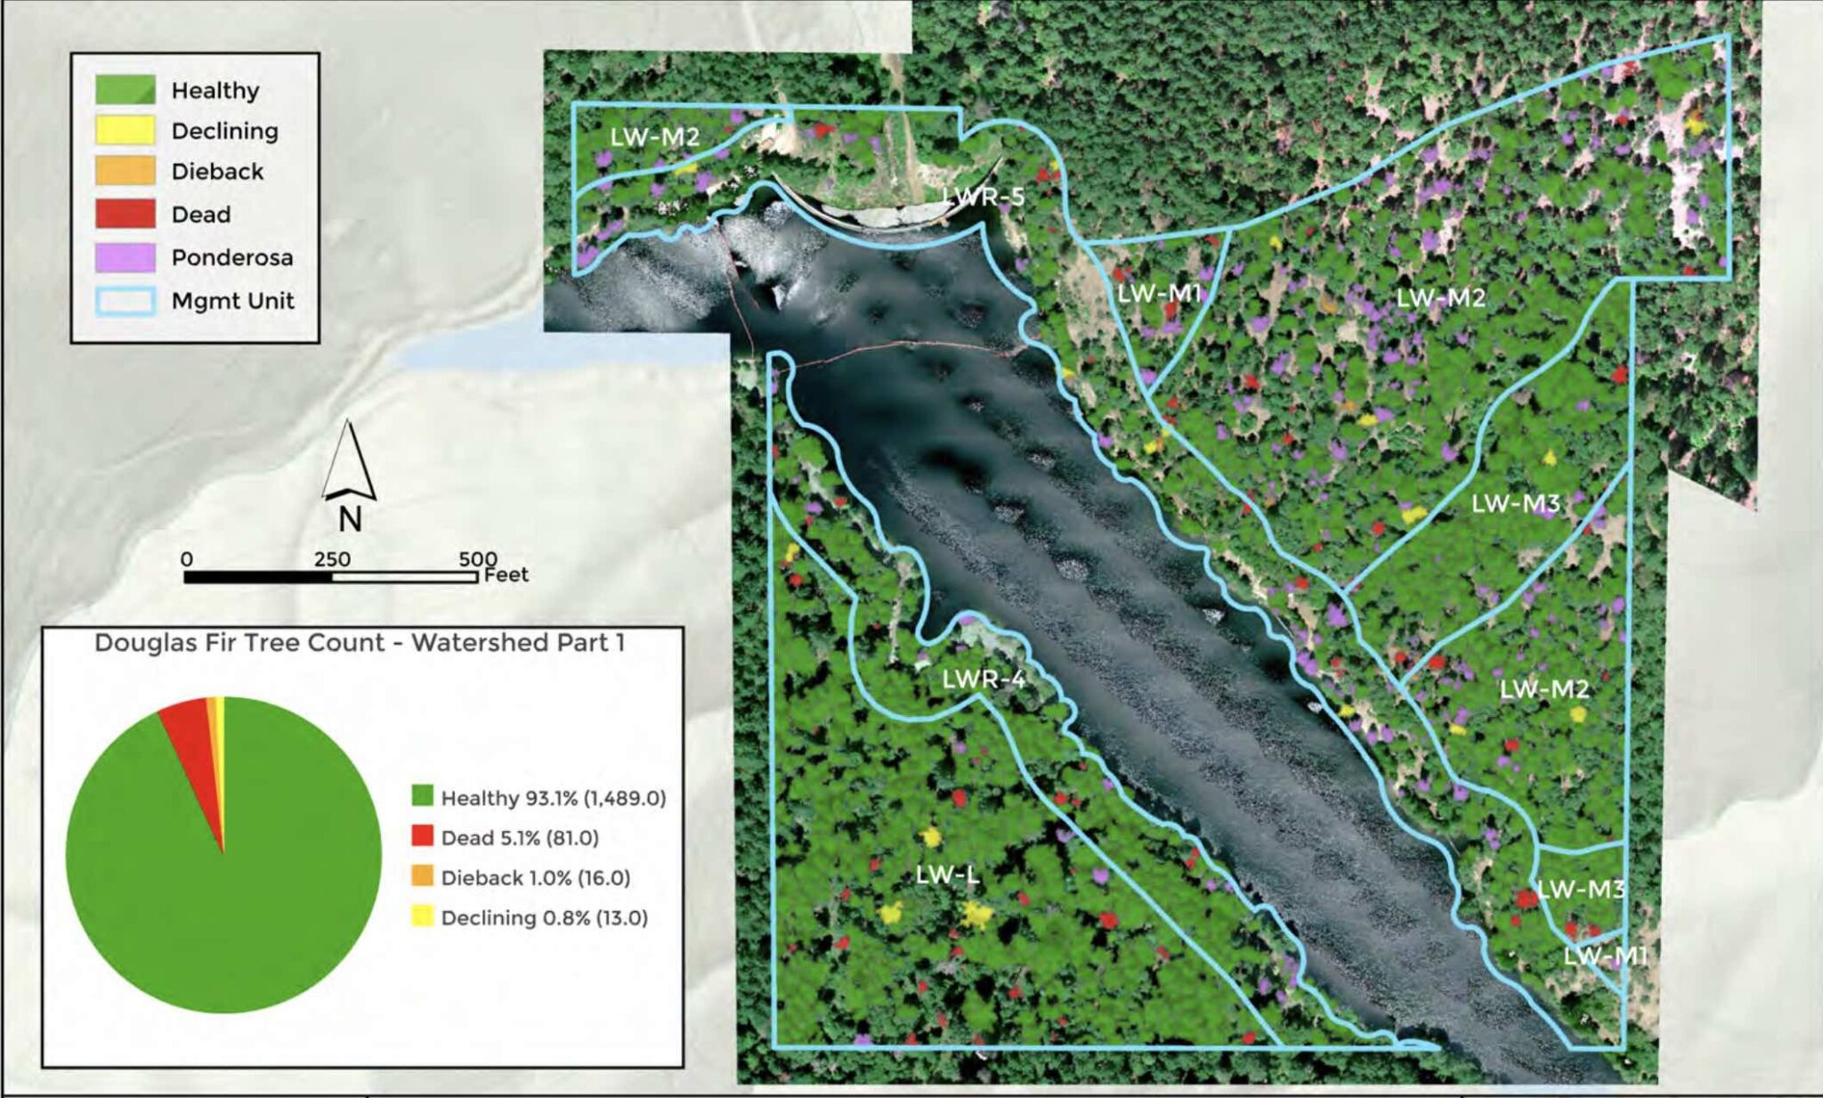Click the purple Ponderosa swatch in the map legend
point(125,257)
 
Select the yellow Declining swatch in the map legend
point(125,131)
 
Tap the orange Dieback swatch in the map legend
point(125,171)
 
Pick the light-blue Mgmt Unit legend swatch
point(125,301)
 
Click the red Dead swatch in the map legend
point(125,215)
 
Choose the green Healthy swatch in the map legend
point(125,89)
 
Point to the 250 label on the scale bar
point(332,559)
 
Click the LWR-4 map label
point(984,680)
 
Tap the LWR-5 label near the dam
point(983,197)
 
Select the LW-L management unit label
point(947,875)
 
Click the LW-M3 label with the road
point(1515,504)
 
